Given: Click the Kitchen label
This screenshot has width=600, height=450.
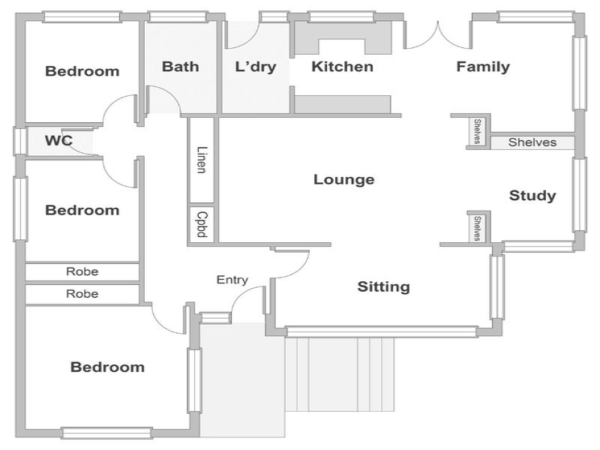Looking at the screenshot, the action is pyautogui.click(x=342, y=67).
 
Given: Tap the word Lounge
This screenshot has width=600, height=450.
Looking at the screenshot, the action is pyautogui.click(x=344, y=179).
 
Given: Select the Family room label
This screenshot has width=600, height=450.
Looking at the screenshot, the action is pyautogui.click(x=483, y=67).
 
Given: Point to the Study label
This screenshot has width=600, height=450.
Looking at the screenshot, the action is pyautogui.click(x=532, y=196).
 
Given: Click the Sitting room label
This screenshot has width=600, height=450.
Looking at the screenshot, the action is pyautogui.click(x=383, y=286).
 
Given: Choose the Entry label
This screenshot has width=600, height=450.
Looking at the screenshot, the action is pyautogui.click(x=232, y=280).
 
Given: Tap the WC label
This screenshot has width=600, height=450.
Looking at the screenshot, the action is pyautogui.click(x=58, y=140).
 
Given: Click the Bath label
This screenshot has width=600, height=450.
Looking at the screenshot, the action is pyautogui.click(x=180, y=67).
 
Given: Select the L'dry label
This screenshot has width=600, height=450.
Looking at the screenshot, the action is pyautogui.click(x=256, y=67).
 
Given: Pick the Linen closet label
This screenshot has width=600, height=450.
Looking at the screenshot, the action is pyautogui.click(x=202, y=160).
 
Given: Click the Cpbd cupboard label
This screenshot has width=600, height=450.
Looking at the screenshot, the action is pyautogui.click(x=202, y=224).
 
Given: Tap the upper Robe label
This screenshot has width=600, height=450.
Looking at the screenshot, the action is pyautogui.click(x=82, y=271).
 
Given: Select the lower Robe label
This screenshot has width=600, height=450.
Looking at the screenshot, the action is pyautogui.click(x=82, y=293).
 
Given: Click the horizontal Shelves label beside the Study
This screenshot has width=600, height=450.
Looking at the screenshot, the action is pyautogui.click(x=532, y=142).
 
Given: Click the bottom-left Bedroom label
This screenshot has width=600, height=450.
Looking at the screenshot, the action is pyautogui.click(x=107, y=367).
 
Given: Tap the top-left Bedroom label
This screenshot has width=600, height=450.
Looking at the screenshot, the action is pyautogui.click(x=82, y=71).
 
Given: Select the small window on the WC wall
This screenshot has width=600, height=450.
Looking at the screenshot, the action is pyautogui.click(x=20, y=141).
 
